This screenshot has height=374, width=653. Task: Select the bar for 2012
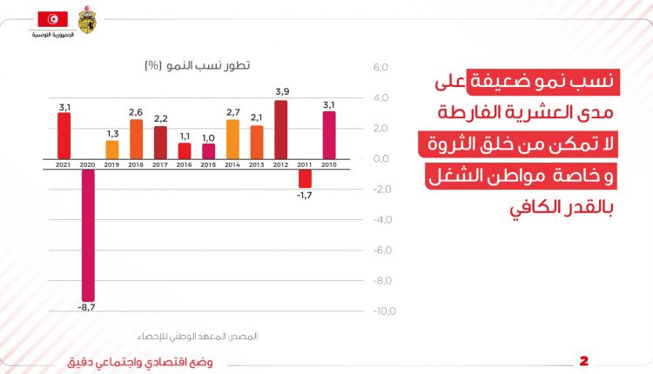click(x=280, y=130)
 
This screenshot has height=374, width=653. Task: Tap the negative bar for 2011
click(x=305, y=177)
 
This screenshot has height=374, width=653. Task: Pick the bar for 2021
click(x=64, y=136)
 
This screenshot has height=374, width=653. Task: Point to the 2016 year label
click(x=184, y=164)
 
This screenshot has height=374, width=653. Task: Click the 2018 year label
click(x=136, y=164)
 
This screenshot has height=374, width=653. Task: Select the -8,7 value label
click(x=87, y=308)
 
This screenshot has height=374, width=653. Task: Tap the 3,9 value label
click(x=281, y=91)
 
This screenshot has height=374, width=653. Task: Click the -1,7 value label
click(x=305, y=196)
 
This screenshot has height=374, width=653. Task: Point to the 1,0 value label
click(x=208, y=137)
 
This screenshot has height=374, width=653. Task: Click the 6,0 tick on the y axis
click(x=380, y=68)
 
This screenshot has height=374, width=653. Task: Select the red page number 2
click(x=584, y=361)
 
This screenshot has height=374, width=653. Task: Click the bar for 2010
click(x=329, y=136)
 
